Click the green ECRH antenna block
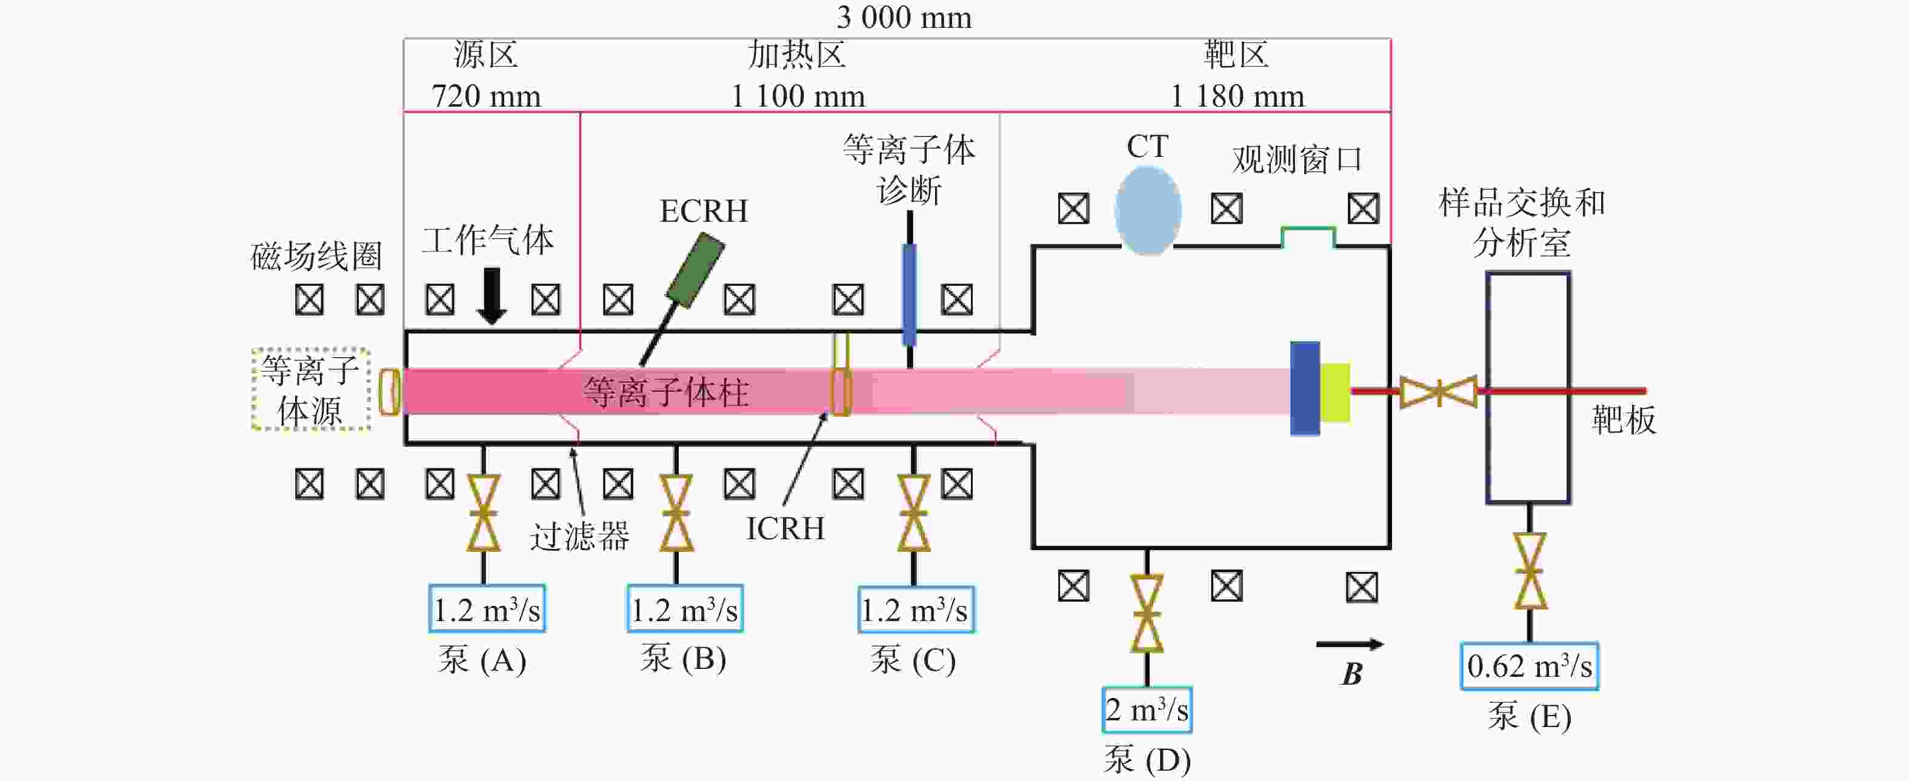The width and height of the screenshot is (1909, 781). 696,270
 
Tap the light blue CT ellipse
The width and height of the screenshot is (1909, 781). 1147,210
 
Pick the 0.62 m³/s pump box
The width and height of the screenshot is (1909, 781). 1530,666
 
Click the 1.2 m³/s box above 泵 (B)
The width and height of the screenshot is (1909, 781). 685,608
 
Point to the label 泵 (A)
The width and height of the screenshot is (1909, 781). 482,659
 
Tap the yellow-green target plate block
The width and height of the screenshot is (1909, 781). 1334,392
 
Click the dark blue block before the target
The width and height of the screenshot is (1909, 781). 1305,388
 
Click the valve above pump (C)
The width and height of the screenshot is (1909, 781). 913,513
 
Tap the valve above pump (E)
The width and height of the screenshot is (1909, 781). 1530,571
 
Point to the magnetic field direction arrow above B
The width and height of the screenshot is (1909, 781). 1350,645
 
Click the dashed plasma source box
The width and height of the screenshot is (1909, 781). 310,389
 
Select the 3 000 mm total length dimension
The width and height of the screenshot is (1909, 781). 904,17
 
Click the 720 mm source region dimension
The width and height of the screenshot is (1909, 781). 486,96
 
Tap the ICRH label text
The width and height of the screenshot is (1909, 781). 785,528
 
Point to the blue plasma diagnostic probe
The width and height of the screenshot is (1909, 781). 909,295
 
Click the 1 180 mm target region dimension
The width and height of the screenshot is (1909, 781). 1237,96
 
